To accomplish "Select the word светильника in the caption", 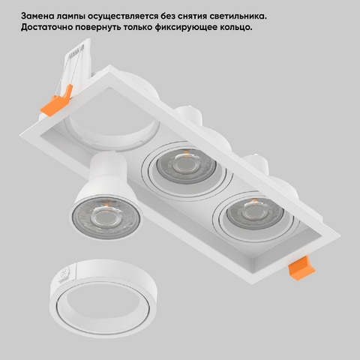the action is click(x=237, y=16).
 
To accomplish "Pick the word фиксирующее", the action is click(x=186, y=28).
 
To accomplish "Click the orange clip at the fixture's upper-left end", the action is click(x=57, y=100).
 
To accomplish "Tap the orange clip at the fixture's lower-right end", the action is click(x=301, y=268).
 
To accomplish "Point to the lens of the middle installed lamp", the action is click(x=185, y=164).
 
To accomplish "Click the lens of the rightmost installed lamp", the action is click(x=255, y=213).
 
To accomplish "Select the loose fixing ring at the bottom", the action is click(x=103, y=298).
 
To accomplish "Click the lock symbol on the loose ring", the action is click(x=64, y=275).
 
